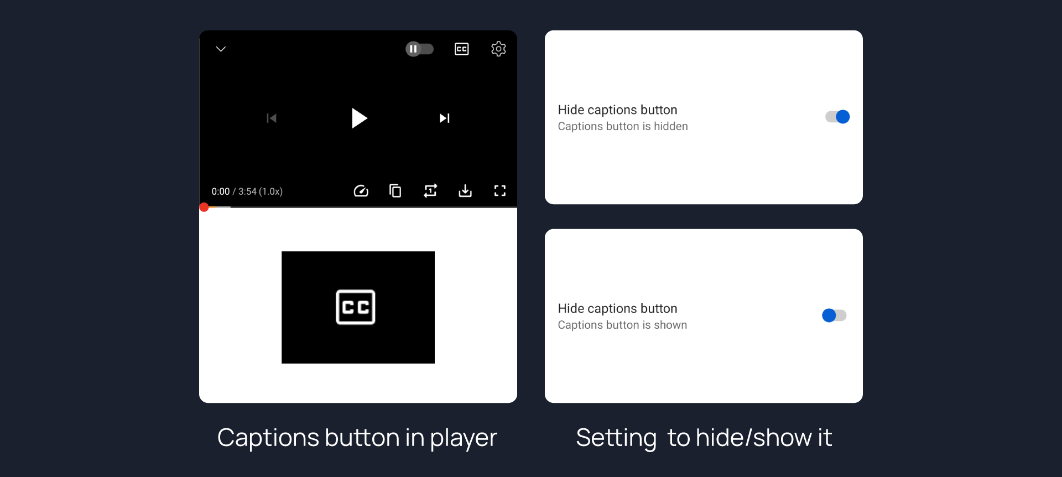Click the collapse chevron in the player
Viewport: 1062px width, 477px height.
[x=221, y=49]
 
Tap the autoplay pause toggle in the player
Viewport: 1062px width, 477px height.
[x=419, y=49]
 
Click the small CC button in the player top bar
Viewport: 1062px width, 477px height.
[x=461, y=49]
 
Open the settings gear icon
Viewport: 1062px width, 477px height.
[x=498, y=49]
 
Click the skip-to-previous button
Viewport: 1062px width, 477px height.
[x=271, y=118]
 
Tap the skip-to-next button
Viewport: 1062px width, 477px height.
[x=444, y=118]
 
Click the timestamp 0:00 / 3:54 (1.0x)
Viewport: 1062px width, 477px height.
[x=247, y=191]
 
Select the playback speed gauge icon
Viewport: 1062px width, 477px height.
[x=361, y=191]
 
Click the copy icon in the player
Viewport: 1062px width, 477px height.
[x=395, y=191]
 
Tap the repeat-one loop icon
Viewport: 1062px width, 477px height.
[x=430, y=191]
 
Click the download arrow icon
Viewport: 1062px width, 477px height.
[x=465, y=191]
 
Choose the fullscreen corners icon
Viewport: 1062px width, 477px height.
[x=500, y=191]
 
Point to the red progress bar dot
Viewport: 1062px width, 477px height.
[x=204, y=207]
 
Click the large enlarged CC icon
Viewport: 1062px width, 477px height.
[x=356, y=307]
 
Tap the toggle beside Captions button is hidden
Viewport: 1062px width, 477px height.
[x=837, y=117]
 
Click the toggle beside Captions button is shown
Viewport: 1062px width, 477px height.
[x=834, y=315]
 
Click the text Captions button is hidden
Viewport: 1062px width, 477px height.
[x=623, y=126]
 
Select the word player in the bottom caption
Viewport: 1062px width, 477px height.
[x=464, y=438]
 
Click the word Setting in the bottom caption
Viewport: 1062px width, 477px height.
[x=616, y=438]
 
